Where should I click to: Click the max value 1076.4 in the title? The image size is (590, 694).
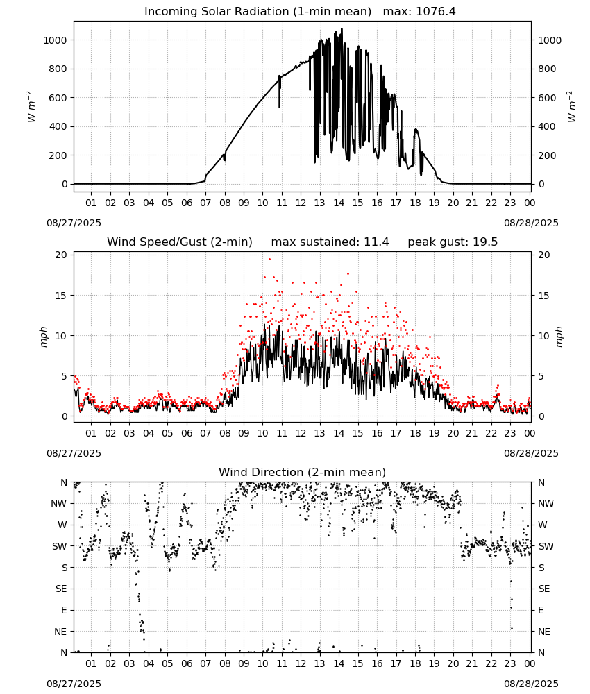pyautogui.click(x=437, y=11)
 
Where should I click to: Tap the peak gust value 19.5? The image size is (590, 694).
pyautogui.click(x=484, y=242)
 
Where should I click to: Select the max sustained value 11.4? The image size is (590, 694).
pyautogui.click(x=376, y=242)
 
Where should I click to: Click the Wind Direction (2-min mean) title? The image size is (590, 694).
pyautogui.click(x=303, y=472)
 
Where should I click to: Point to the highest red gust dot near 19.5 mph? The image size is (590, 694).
pyautogui.click(x=269, y=259)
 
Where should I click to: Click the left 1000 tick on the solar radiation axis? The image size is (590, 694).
pyautogui.click(x=55, y=40)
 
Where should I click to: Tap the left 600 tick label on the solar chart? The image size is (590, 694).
pyautogui.click(x=58, y=98)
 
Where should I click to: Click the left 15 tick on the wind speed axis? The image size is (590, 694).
pyautogui.click(x=61, y=296)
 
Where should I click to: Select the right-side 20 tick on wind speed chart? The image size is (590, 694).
pyautogui.click(x=544, y=255)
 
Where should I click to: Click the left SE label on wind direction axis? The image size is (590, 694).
pyautogui.click(x=61, y=589)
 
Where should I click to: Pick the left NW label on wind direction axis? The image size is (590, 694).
pyautogui.click(x=58, y=504)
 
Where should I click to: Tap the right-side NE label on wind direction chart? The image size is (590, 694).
pyautogui.click(x=544, y=632)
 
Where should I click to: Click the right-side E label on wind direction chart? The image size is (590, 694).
pyautogui.click(x=541, y=610)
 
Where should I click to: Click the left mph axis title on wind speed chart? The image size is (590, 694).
pyautogui.click(x=43, y=337)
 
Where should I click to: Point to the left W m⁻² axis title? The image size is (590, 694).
pyautogui.click(x=31, y=106)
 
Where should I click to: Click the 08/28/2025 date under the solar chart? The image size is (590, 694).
pyautogui.click(x=531, y=223)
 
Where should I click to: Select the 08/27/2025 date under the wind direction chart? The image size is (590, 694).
pyautogui.click(x=74, y=684)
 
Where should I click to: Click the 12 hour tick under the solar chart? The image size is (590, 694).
pyautogui.click(x=301, y=203)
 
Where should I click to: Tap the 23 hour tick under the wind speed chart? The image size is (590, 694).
pyautogui.click(x=510, y=433)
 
